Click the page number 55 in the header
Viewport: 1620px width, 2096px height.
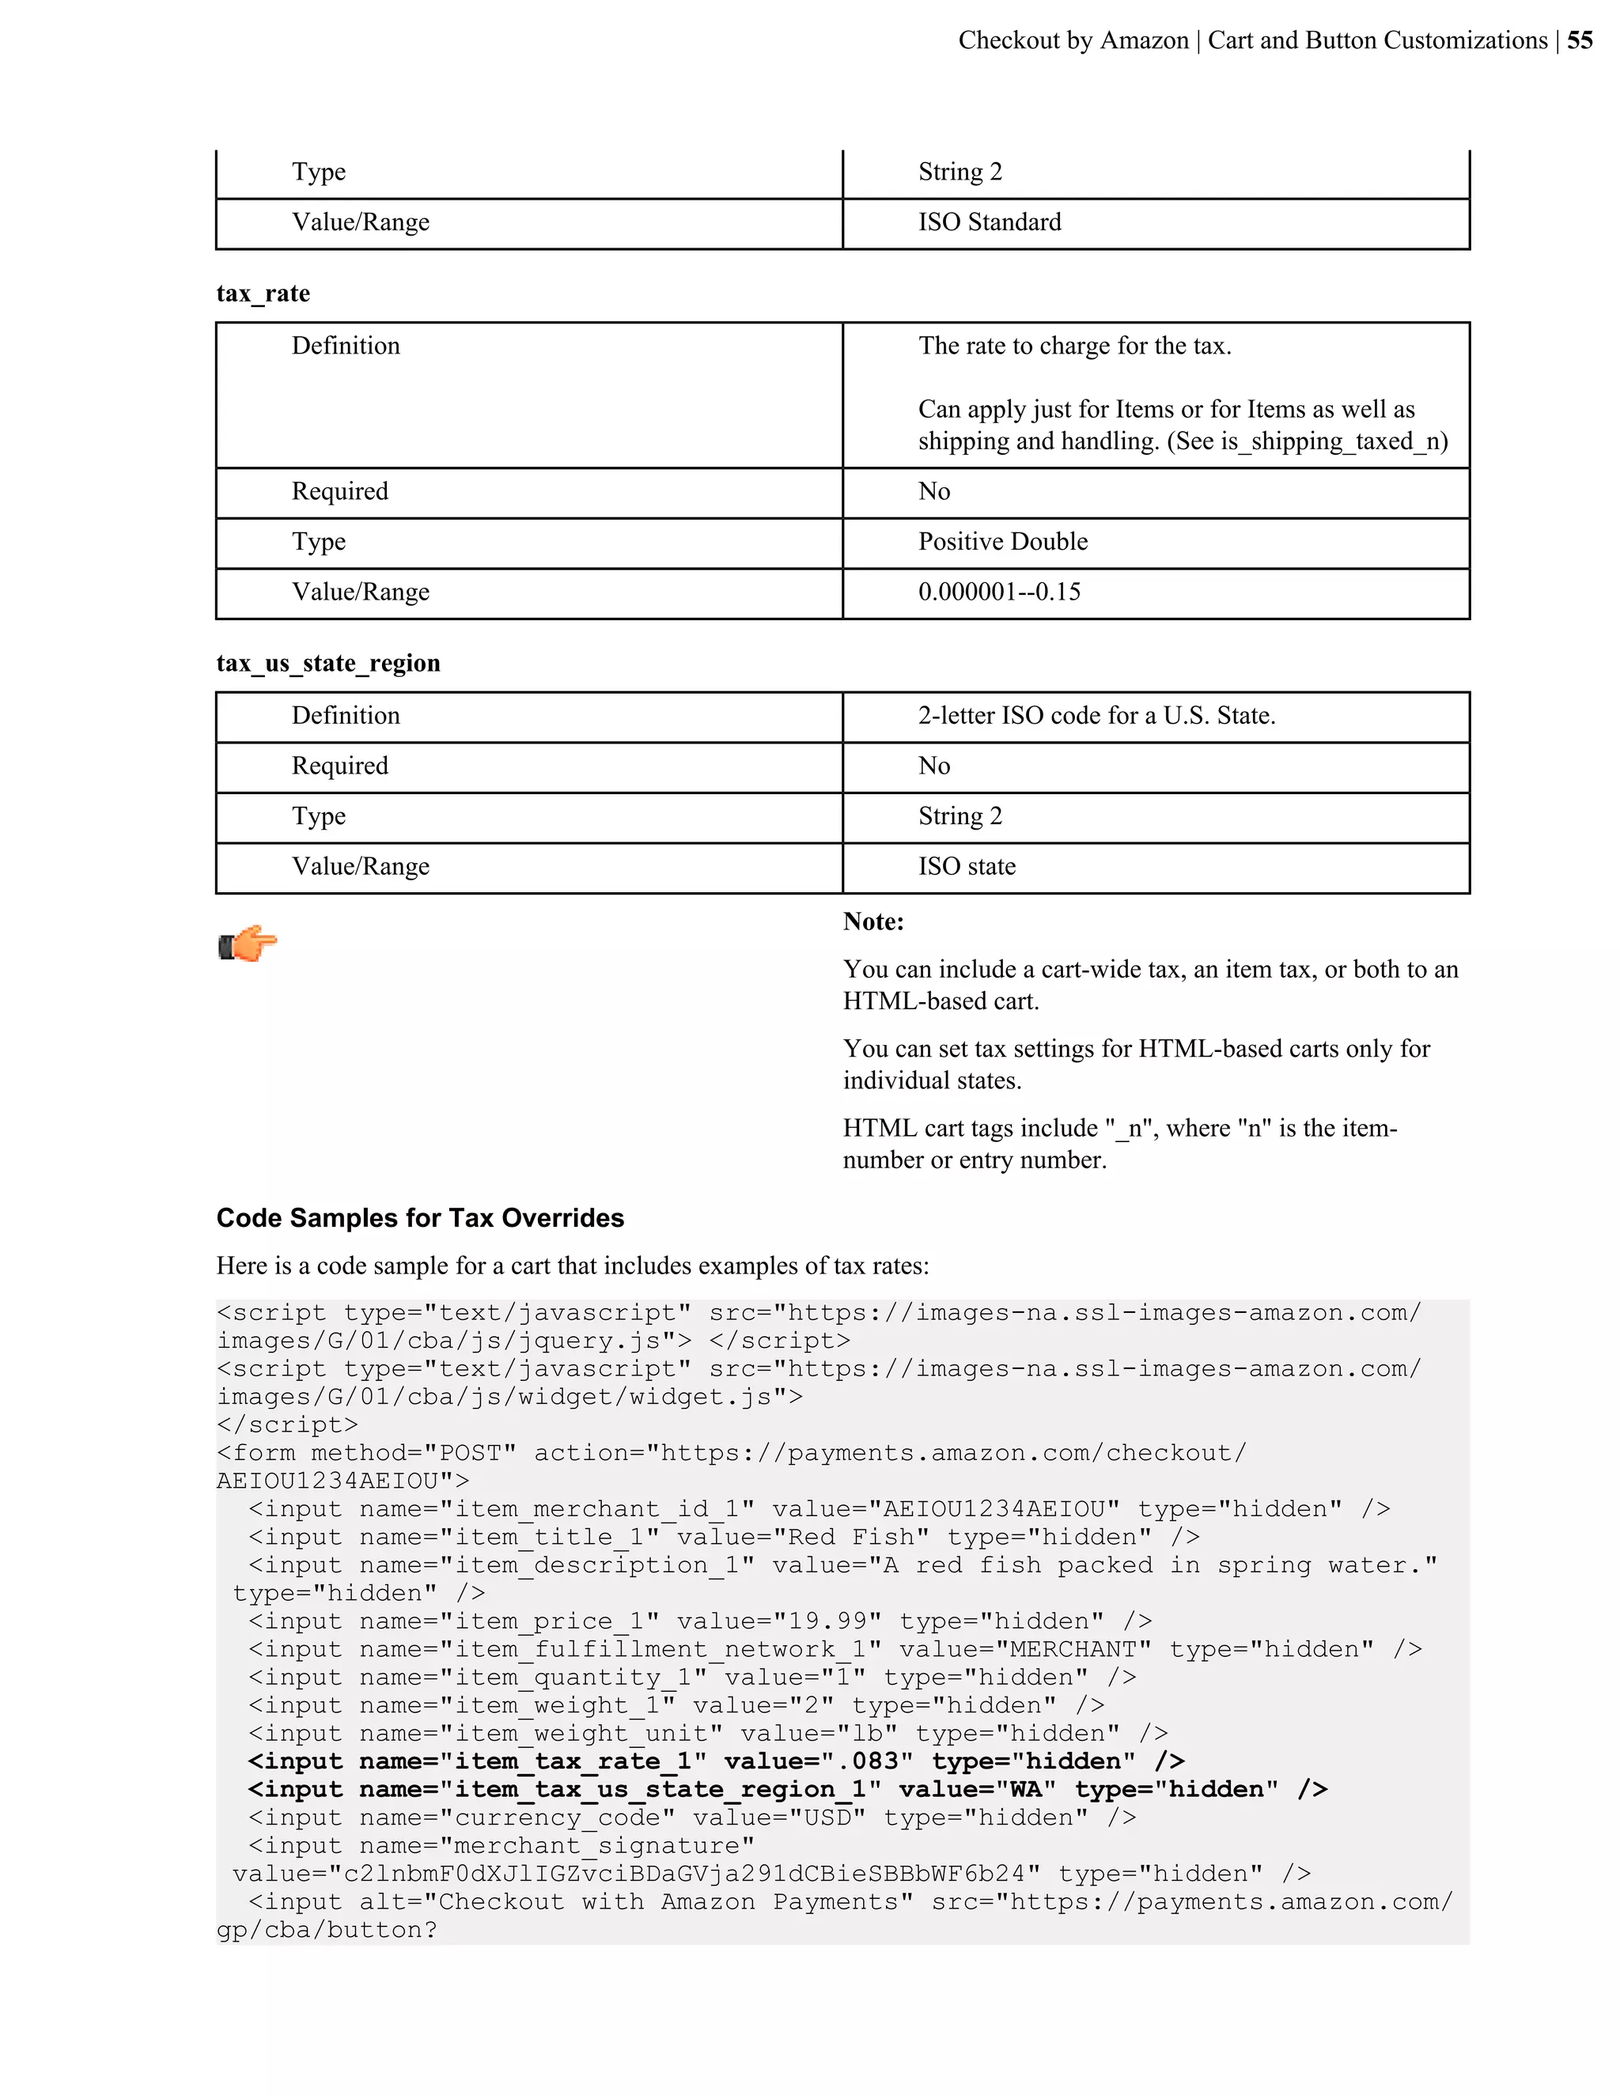tap(1580, 40)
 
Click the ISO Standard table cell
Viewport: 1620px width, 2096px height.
tap(989, 223)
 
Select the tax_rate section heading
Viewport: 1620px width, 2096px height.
tap(263, 293)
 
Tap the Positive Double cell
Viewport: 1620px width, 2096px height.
tap(1002, 543)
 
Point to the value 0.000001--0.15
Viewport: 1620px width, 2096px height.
tap(998, 592)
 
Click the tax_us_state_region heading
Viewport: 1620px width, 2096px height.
tap(328, 663)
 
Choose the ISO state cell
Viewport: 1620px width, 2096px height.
tap(967, 867)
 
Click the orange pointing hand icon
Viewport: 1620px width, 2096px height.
tap(248, 944)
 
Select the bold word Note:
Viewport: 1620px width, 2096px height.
tap(873, 922)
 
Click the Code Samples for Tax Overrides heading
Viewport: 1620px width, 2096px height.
tap(420, 1218)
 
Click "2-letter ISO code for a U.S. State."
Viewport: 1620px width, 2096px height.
tap(1096, 716)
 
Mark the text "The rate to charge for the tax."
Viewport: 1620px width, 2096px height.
tap(1074, 346)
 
